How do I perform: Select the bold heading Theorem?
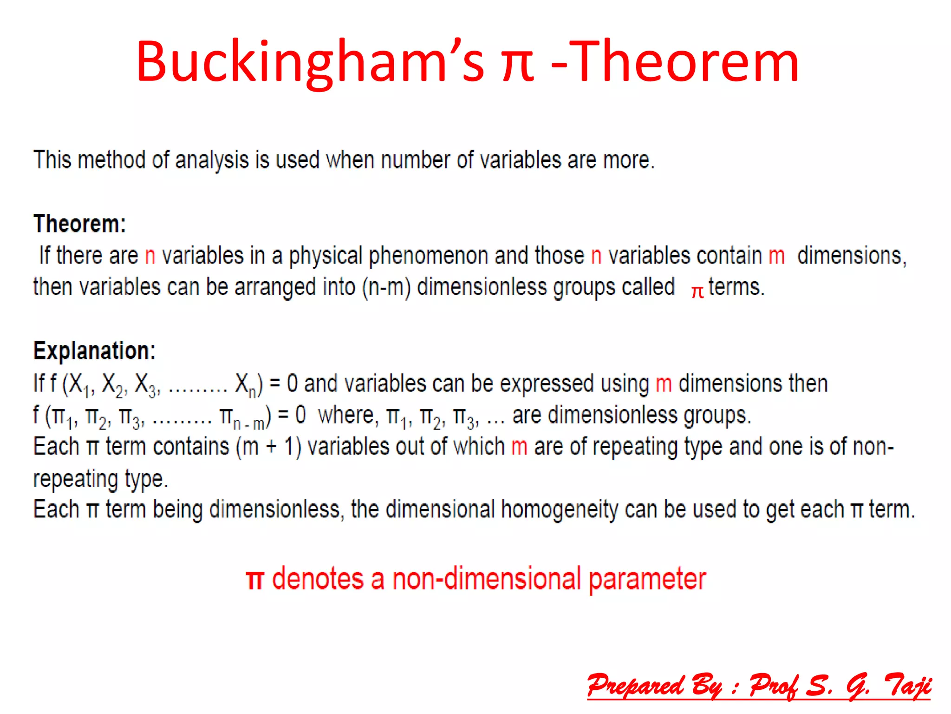click(x=79, y=224)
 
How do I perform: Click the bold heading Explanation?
click(x=94, y=351)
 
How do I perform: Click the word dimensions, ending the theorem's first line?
click(x=852, y=256)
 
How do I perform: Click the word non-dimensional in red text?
click(x=486, y=579)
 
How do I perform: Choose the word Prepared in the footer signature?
click(x=635, y=686)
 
